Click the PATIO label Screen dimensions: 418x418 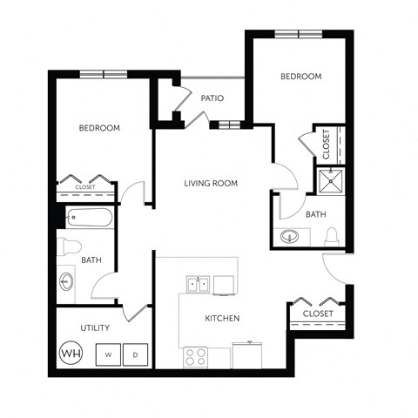pyautogui.click(x=212, y=98)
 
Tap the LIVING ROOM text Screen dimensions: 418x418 pyautogui.click(x=211, y=183)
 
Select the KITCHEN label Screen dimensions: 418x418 pyautogui.click(x=222, y=318)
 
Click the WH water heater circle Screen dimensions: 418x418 pyautogui.click(x=69, y=354)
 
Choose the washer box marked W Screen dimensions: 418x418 pyautogui.click(x=107, y=354)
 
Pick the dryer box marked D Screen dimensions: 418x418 pyautogui.click(x=135, y=354)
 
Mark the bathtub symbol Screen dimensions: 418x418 pyautogui.click(x=87, y=218)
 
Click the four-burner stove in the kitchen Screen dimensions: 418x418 pyautogui.click(x=194, y=355)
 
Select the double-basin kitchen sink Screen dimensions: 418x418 pyautogui.click(x=199, y=284)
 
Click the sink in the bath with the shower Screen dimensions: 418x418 pyautogui.click(x=290, y=236)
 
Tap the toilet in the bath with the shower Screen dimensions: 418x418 pyautogui.click(x=331, y=236)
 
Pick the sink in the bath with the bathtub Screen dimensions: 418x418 pyautogui.click(x=67, y=282)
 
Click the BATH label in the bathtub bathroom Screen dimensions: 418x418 pyautogui.click(x=91, y=260)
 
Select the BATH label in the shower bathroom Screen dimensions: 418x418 pyautogui.click(x=315, y=213)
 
